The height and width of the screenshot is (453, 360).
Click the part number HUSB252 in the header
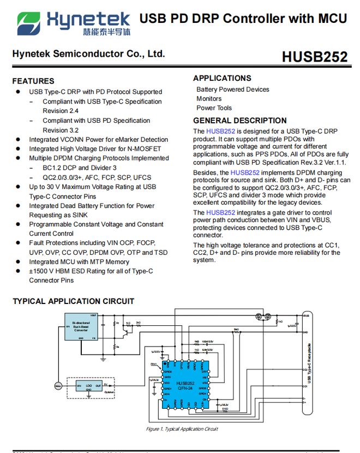(x=314, y=57)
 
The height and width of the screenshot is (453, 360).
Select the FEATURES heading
(x=33, y=81)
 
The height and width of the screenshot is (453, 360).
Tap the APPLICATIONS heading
(x=222, y=78)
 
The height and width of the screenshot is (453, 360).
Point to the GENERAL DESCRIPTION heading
(x=239, y=121)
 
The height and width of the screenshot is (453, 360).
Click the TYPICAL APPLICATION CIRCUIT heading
(x=73, y=301)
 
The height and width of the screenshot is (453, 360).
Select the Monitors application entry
(x=209, y=99)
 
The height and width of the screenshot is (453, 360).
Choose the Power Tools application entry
(x=214, y=108)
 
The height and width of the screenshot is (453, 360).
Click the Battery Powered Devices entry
(x=232, y=90)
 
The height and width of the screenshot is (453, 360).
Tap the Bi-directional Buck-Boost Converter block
(x=81, y=327)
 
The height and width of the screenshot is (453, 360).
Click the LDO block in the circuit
(x=89, y=386)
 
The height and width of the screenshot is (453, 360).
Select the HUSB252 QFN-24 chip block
(x=185, y=385)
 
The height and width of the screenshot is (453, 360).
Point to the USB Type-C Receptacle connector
(x=309, y=363)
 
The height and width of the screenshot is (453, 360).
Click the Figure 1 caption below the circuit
(x=182, y=429)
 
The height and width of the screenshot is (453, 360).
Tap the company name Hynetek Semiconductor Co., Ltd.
(x=88, y=54)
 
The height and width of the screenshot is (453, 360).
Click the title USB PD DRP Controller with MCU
(x=243, y=19)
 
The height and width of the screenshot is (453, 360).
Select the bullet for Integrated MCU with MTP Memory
(x=19, y=262)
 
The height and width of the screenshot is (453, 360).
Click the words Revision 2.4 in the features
(x=61, y=111)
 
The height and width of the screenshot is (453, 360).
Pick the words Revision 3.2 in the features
(x=61, y=130)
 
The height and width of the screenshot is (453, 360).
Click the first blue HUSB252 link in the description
(x=220, y=132)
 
